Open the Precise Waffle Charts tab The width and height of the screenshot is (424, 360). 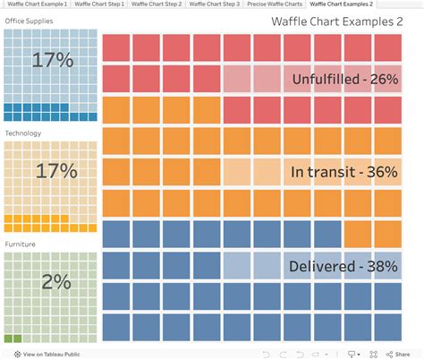275,4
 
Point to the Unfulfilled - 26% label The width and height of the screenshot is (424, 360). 344,79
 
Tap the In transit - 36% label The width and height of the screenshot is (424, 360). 344,172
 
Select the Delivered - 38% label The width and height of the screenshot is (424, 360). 344,265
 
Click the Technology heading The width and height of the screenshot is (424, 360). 23,133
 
